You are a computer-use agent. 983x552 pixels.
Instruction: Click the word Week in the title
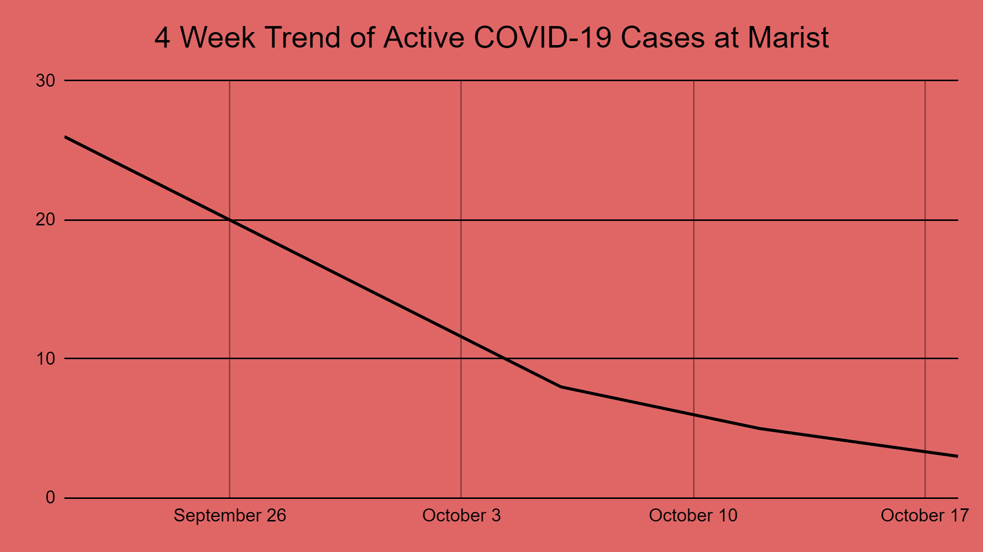[x=217, y=38]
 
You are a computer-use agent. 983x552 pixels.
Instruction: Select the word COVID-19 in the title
[x=543, y=38]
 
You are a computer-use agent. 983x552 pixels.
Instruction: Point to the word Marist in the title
[x=788, y=38]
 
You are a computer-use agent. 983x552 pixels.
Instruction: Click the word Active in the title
[x=424, y=38]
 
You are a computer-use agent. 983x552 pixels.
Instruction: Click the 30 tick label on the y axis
[x=45, y=81]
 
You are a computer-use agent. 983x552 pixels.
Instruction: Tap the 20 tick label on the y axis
[x=45, y=220]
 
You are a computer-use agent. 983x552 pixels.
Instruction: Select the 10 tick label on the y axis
[x=45, y=359]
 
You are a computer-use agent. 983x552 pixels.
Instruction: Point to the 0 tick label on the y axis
[x=50, y=497]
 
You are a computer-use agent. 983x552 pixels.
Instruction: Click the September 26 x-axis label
[x=230, y=515]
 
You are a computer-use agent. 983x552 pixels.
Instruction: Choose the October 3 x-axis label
[x=461, y=515]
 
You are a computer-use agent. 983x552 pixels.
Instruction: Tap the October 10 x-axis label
[x=693, y=515]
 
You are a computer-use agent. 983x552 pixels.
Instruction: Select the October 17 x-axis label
[x=924, y=515]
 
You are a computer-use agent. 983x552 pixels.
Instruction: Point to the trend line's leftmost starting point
[x=66, y=137]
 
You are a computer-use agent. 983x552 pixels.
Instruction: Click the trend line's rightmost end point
[x=957, y=456]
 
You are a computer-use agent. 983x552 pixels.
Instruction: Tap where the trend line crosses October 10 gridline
[x=694, y=415]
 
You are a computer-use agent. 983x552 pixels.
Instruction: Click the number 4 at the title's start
[x=162, y=38]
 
